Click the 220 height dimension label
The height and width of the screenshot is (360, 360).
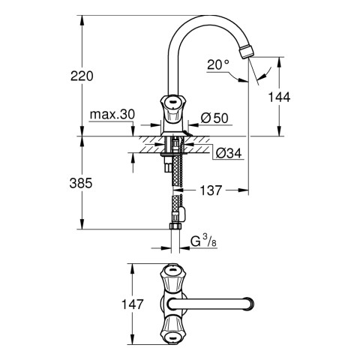82,76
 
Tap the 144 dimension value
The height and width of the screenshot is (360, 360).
279,97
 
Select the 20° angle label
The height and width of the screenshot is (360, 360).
218,64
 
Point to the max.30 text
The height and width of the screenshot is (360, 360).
112,115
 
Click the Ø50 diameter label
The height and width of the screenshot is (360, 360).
214,118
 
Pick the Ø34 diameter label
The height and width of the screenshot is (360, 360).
229,153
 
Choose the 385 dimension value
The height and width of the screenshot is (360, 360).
81,183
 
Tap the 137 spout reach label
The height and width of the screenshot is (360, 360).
211,190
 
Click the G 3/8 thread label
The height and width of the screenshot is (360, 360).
203,241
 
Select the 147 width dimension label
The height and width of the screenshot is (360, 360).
133,304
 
